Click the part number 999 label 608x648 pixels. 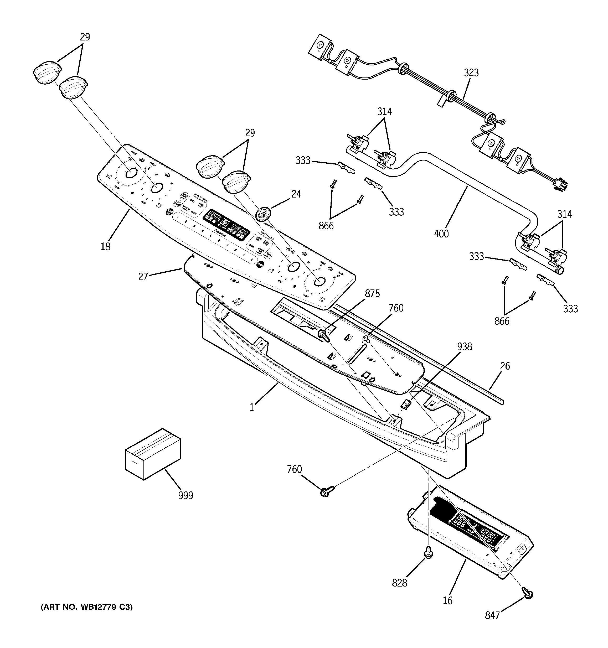tap(186, 495)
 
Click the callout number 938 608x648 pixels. tap(464, 346)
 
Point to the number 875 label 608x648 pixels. tap(372, 294)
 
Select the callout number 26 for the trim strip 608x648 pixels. tap(505, 366)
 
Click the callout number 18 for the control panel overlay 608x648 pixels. tap(105, 246)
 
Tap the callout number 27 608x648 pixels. tap(143, 276)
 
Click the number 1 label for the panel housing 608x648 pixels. tap(252, 407)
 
